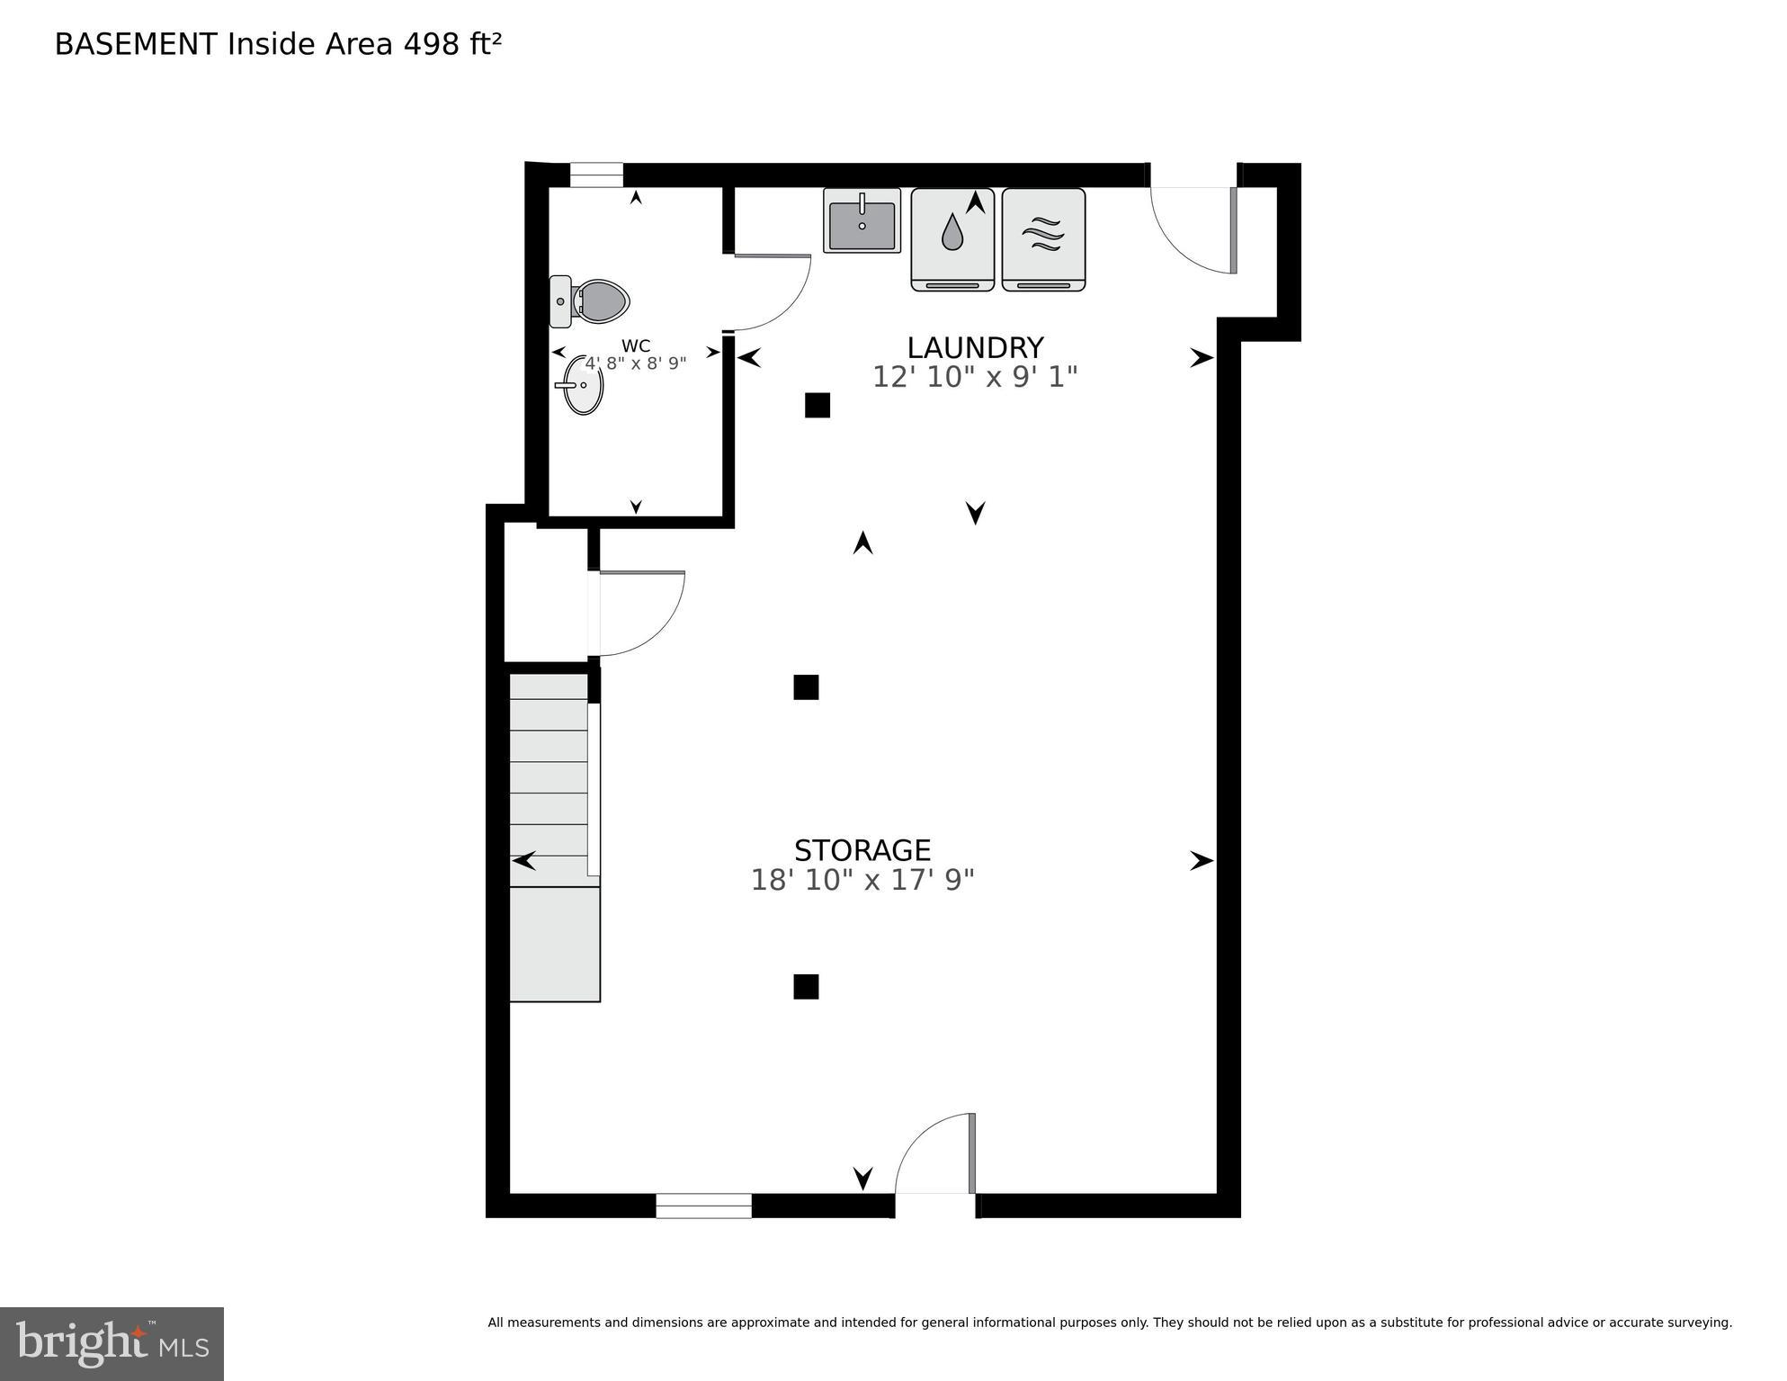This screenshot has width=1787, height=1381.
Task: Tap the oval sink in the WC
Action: (581, 385)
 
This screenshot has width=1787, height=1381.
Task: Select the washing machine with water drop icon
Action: (952, 239)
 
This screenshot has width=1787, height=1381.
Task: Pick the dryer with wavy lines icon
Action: (1043, 239)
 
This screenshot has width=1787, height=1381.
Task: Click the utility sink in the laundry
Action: (862, 221)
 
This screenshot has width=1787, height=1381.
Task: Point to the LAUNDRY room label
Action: (975, 347)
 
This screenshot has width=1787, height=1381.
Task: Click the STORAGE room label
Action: (862, 850)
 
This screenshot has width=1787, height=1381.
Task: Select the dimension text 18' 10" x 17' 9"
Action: (862, 880)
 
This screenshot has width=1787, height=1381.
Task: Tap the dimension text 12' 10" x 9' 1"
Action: (975, 377)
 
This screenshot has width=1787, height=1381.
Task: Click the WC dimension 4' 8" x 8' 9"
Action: (636, 363)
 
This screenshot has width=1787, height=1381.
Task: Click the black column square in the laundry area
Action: (817, 406)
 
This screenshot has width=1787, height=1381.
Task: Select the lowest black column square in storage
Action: (806, 987)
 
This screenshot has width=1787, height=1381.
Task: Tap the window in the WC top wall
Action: (596, 175)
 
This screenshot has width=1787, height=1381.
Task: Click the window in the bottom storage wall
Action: (703, 1206)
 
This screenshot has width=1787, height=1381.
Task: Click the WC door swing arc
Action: (772, 293)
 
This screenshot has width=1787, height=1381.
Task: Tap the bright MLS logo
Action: (112, 1343)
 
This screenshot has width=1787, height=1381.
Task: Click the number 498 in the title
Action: (431, 44)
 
